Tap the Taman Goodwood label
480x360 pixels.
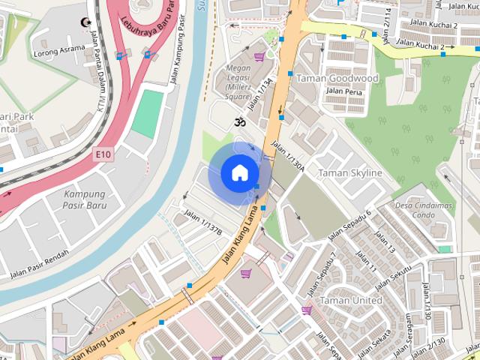(x=337, y=78)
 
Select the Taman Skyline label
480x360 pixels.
(x=350, y=173)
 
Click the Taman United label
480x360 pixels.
(x=350, y=300)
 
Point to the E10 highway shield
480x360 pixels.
(x=103, y=154)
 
